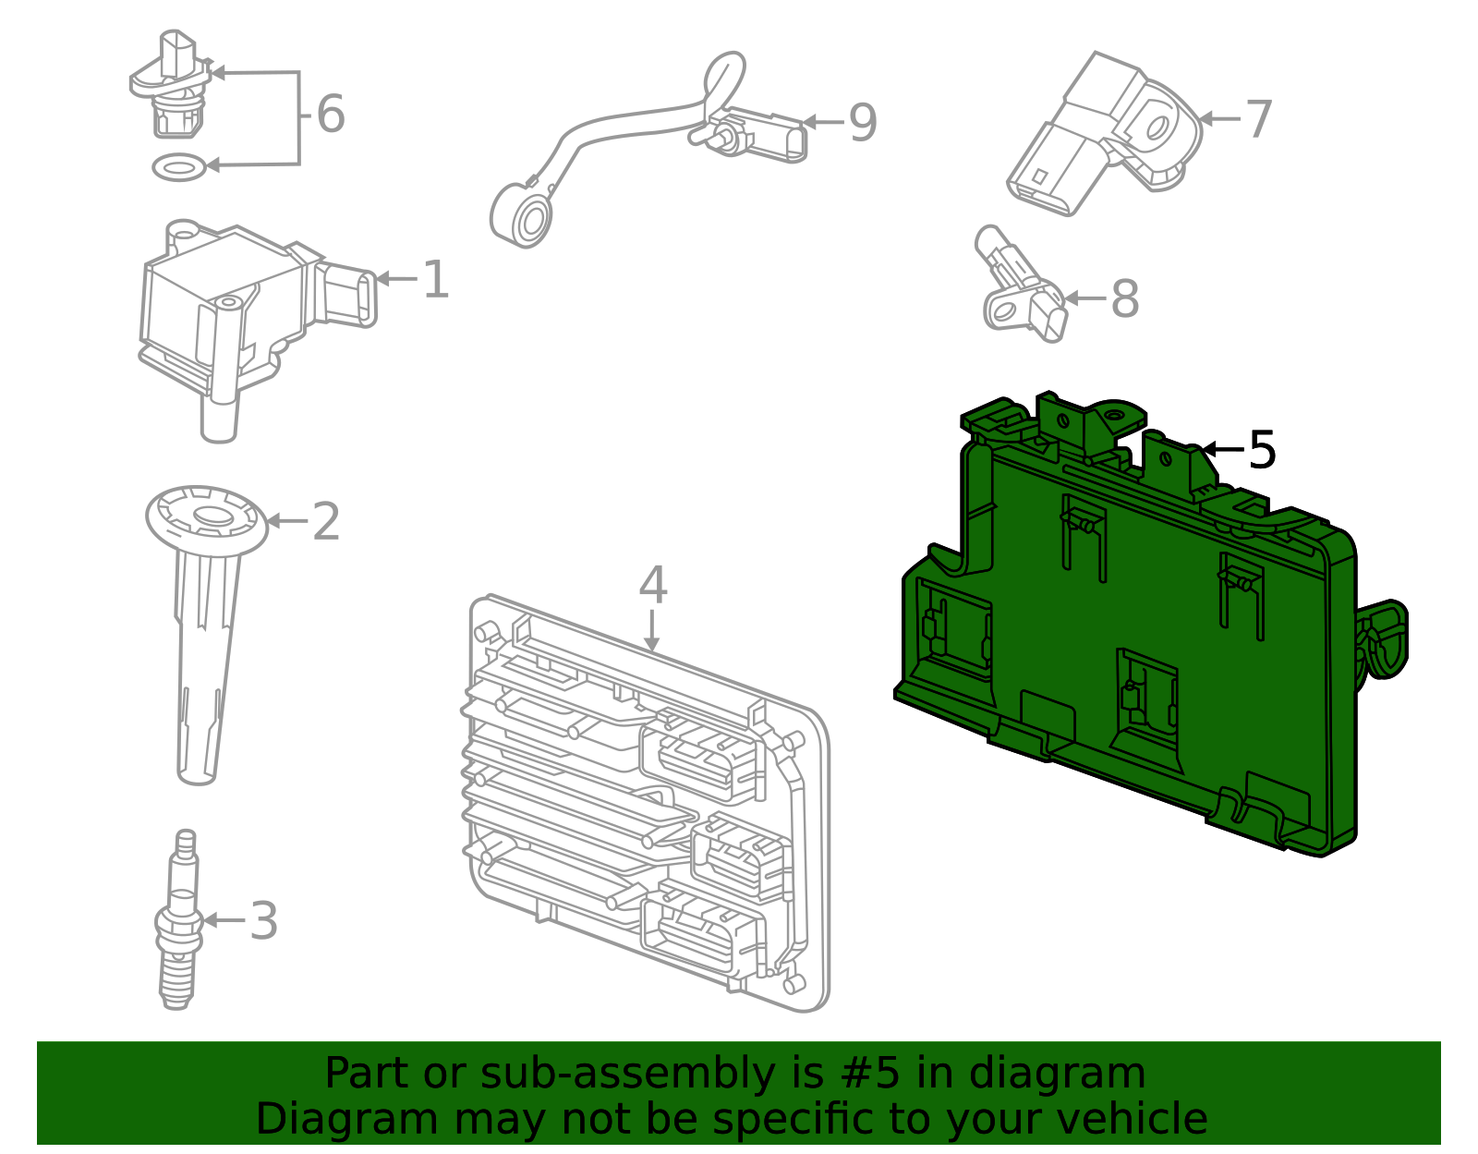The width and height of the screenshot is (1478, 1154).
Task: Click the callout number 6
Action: pos(330,115)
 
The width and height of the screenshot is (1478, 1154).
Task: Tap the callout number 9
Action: pos(862,123)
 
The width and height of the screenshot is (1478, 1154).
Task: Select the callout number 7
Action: pos(1259,120)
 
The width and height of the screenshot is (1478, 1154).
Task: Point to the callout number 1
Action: pos(435,280)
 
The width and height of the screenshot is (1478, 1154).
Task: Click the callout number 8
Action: pos(1124,300)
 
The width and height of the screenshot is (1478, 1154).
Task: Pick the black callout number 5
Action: pos(1262,451)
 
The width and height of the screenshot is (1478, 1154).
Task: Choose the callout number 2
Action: pos(326,523)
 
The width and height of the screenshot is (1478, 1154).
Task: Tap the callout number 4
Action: pos(652,586)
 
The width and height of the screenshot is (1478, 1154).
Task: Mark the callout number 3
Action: pos(264,922)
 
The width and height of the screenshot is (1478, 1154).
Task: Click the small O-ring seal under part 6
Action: pos(178,167)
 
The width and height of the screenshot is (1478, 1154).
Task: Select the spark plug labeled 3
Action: pos(179,924)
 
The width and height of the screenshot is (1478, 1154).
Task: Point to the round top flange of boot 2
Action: pos(208,519)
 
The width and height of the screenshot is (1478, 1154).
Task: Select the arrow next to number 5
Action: pos(1221,450)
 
